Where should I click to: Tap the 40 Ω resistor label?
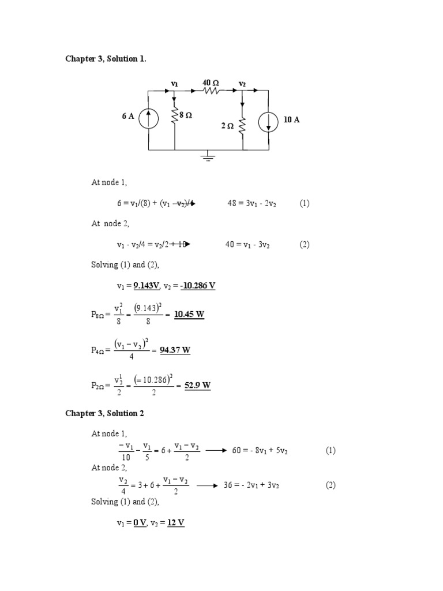coord(211,83)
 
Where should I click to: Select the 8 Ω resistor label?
coord(185,115)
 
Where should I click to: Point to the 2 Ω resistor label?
coord(227,126)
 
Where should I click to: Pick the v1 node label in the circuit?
coord(174,84)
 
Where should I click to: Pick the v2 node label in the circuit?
coord(242,84)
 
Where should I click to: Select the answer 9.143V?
coord(147,286)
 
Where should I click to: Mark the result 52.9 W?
coord(197,386)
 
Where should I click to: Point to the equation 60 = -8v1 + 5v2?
coord(260,451)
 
